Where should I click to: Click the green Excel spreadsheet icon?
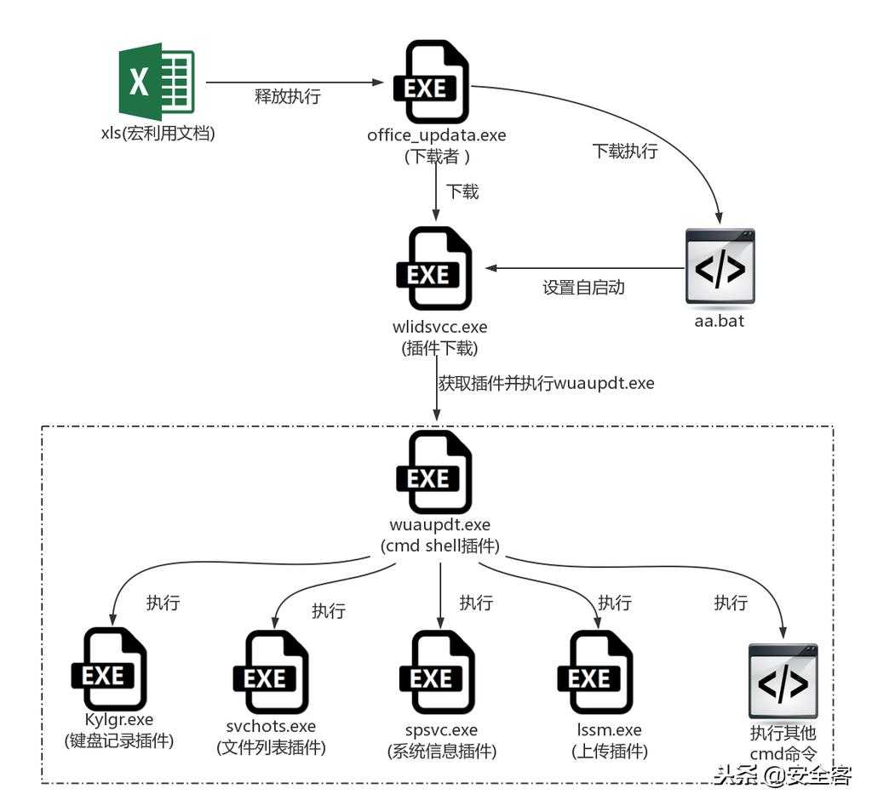click(x=157, y=82)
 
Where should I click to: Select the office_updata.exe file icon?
click(x=432, y=83)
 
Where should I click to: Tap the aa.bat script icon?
click(x=720, y=266)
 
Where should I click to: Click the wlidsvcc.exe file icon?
click(x=434, y=269)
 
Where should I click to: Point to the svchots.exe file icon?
click(x=270, y=673)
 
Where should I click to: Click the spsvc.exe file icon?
click(x=437, y=673)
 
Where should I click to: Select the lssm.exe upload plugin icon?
click(x=594, y=673)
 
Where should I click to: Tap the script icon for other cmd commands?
click(x=783, y=680)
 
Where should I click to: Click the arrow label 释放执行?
click(x=288, y=96)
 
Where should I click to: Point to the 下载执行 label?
click(x=625, y=151)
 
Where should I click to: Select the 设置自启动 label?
click(x=583, y=288)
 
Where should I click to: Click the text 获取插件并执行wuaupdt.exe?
click(x=546, y=383)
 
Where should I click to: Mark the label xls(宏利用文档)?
click(x=158, y=134)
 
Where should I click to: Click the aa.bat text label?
click(x=719, y=322)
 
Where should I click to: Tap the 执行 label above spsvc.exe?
click(x=476, y=603)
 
